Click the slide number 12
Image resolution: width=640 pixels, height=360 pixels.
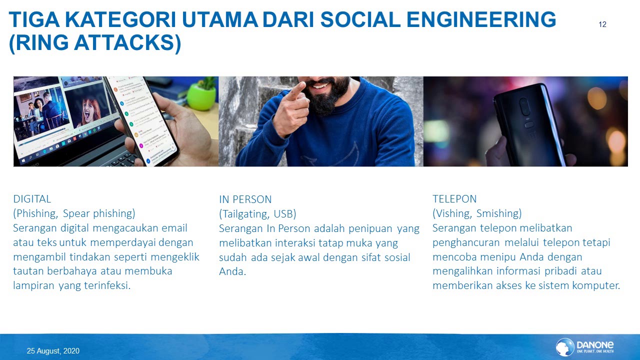point(602,24)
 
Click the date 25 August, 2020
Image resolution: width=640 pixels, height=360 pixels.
point(53,351)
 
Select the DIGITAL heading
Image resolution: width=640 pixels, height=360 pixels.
point(32,199)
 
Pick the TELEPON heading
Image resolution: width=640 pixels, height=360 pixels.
point(454,199)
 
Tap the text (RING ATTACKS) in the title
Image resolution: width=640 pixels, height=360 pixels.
point(95,43)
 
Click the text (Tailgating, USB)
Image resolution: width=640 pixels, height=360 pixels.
point(257,214)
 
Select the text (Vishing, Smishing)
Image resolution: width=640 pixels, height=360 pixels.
point(477,213)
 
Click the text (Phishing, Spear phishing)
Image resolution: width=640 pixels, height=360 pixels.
point(74,213)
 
